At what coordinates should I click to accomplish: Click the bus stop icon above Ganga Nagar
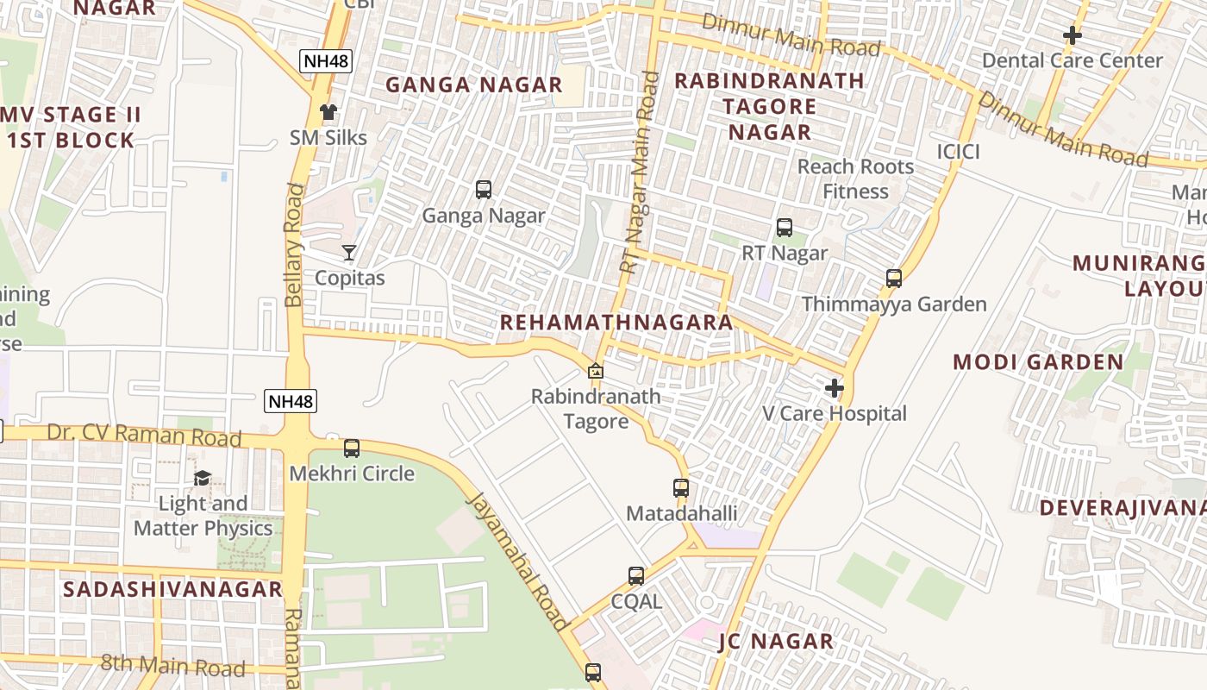pyautogui.click(x=484, y=190)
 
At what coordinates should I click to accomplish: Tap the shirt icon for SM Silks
pyautogui.click(x=328, y=112)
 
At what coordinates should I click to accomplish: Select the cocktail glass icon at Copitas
pyautogui.click(x=349, y=253)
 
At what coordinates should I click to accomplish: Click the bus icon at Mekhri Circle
pyautogui.click(x=352, y=448)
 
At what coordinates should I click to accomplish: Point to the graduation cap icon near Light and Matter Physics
pyautogui.click(x=203, y=478)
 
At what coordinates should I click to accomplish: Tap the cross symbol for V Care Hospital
pyautogui.click(x=834, y=388)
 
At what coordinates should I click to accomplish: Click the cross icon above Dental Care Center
pyautogui.click(x=1073, y=35)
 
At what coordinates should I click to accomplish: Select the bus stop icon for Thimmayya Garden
pyautogui.click(x=894, y=279)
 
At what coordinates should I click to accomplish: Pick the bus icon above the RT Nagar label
pyautogui.click(x=785, y=228)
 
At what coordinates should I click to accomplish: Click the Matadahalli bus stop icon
pyautogui.click(x=681, y=488)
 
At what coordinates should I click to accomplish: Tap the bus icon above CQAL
pyautogui.click(x=636, y=575)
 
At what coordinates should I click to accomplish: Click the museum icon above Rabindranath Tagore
pyautogui.click(x=595, y=372)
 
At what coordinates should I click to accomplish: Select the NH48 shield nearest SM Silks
pyautogui.click(x=326, y=61)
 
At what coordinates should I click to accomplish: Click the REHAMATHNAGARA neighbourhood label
pyautogui.click(x=616, y=323)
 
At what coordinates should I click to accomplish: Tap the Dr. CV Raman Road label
pyautogui.click(x=144, y=435)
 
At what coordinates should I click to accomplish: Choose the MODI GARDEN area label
pyautogui.click(x=1038, y=362)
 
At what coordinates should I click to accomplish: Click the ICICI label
pyautogui.click(x=959, y=153)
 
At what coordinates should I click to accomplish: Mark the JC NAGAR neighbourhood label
pyautogui.click(x=776, y=642)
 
